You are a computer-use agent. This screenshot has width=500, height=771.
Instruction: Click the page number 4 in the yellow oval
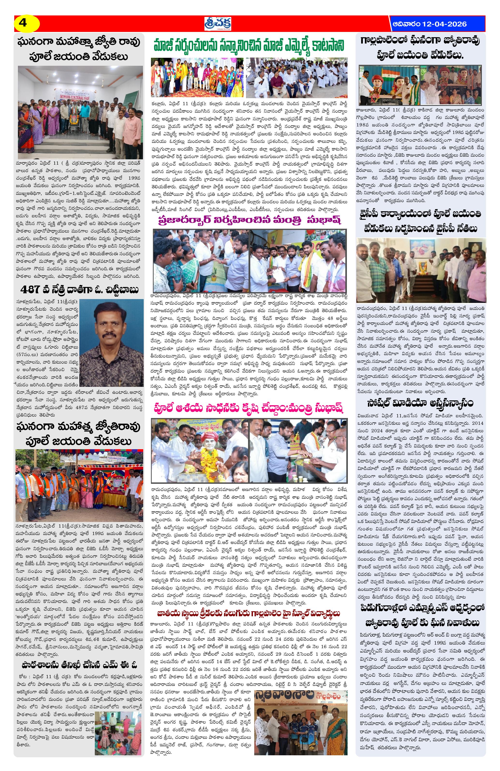[x=23, y=23]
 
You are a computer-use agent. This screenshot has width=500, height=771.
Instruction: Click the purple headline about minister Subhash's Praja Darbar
[x=249, y=219]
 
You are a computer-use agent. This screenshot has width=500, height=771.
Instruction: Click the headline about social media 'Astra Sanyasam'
[x=421, y=403]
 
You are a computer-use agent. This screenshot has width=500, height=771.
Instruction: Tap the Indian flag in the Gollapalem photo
[x=387, y=72]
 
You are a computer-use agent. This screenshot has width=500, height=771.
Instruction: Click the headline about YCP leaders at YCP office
[x=421, y=221]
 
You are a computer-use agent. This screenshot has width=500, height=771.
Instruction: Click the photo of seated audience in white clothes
[x=297, y=78]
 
